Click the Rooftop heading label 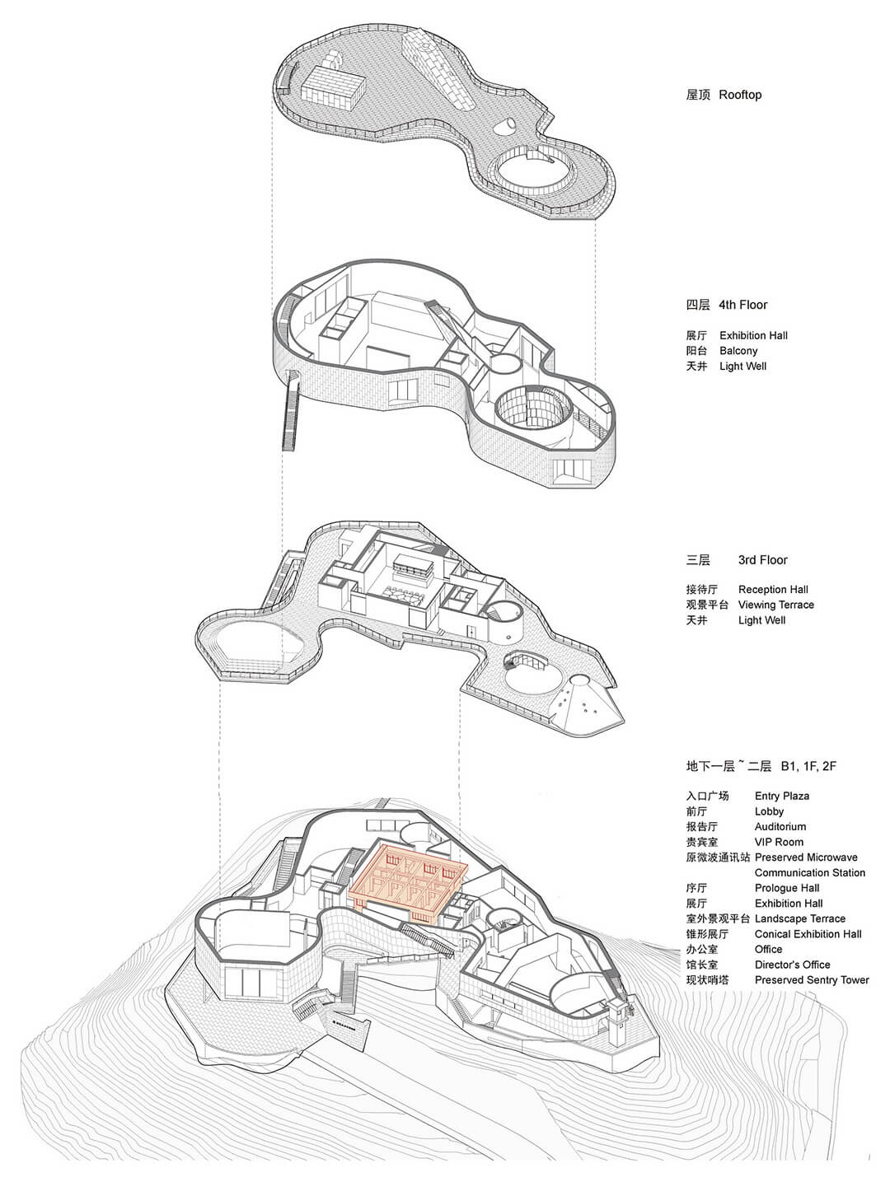740,95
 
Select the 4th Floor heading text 743,305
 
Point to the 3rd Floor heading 763,560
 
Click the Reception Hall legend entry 773,590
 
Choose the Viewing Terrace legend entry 775,605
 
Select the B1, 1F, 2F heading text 808,766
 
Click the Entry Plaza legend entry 782,796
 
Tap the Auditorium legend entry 780,827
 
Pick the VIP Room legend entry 779,842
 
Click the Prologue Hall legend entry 786,888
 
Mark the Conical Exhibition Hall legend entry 808,934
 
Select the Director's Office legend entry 792,965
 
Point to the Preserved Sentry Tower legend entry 812,980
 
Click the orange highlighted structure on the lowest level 407,878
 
